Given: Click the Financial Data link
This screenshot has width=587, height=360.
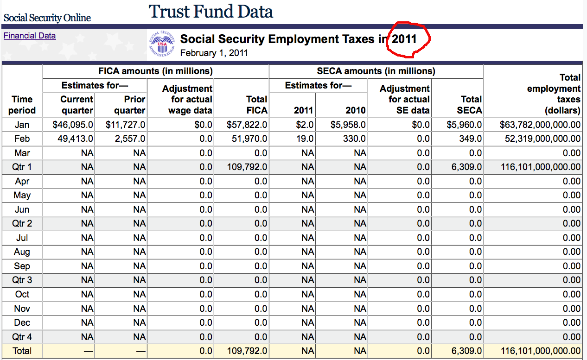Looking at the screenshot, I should [x=30, y=36].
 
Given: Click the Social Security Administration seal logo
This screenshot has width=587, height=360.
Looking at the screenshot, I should [x=162, y=44].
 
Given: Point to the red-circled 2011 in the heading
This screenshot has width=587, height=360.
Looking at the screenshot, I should [x=404, y=39].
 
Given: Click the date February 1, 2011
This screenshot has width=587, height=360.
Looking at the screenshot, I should [x=214, y=53].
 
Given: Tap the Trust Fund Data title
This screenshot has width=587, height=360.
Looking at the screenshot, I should [x=211, y=12].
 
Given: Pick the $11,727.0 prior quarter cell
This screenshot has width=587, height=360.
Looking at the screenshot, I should [x=126, y=125].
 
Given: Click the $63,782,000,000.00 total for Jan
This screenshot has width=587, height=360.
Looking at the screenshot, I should [x=540, y=125].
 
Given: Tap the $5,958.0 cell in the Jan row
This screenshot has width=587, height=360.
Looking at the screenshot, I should [x=348, y=125].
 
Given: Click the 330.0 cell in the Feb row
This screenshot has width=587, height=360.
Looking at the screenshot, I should [x=355, y=139].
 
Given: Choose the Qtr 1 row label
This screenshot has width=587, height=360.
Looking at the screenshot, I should [x=22, y=167].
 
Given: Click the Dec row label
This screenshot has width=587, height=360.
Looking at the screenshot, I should [x=22, y=322].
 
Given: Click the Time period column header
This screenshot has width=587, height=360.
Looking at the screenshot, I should [x=22, y=105].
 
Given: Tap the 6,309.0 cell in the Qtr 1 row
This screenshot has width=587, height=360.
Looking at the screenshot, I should [x=467, y=167].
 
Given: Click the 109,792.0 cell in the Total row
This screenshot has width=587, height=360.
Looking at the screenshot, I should [x=247, y=351].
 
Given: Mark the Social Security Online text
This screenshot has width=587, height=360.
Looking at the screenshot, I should [x=47, y=18].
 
